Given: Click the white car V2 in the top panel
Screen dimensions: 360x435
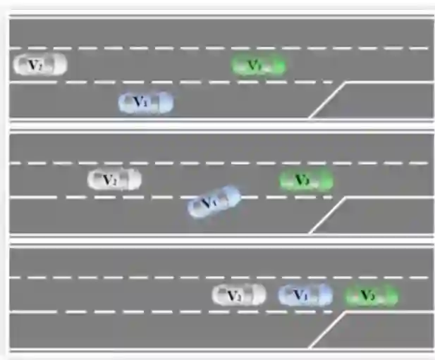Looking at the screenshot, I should pos(40,65).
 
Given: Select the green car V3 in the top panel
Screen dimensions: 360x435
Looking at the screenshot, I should pos(259,66).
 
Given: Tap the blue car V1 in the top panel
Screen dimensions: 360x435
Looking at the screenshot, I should pos(146,103).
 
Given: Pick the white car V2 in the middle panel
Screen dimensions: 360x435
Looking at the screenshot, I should pos(114,180).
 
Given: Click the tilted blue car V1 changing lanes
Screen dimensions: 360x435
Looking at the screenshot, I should pos(214,201).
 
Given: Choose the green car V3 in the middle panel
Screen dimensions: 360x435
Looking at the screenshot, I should pos(306,180).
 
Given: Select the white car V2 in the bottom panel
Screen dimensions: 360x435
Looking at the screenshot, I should pos(239,294).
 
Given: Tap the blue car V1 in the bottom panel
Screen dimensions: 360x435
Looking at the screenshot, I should pos(305,295).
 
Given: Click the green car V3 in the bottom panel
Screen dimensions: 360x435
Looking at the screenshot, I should pos(372,295).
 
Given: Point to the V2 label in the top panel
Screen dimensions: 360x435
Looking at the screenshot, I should pos(35,65).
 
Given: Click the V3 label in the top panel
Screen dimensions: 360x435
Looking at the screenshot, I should pos(255,66).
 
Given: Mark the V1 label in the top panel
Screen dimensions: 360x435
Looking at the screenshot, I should pos(141,103).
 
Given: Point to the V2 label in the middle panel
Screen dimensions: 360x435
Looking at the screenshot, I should pos(109,180).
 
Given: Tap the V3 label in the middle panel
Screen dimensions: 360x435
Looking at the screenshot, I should pos(302,180).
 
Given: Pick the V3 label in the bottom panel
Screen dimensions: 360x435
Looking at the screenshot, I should pos(367,295).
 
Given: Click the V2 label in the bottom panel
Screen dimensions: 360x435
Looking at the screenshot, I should pos(234,294).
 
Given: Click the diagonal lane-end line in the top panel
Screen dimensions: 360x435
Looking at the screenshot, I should pos(327,100).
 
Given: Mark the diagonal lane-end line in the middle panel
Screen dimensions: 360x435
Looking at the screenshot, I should pos(327,215).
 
